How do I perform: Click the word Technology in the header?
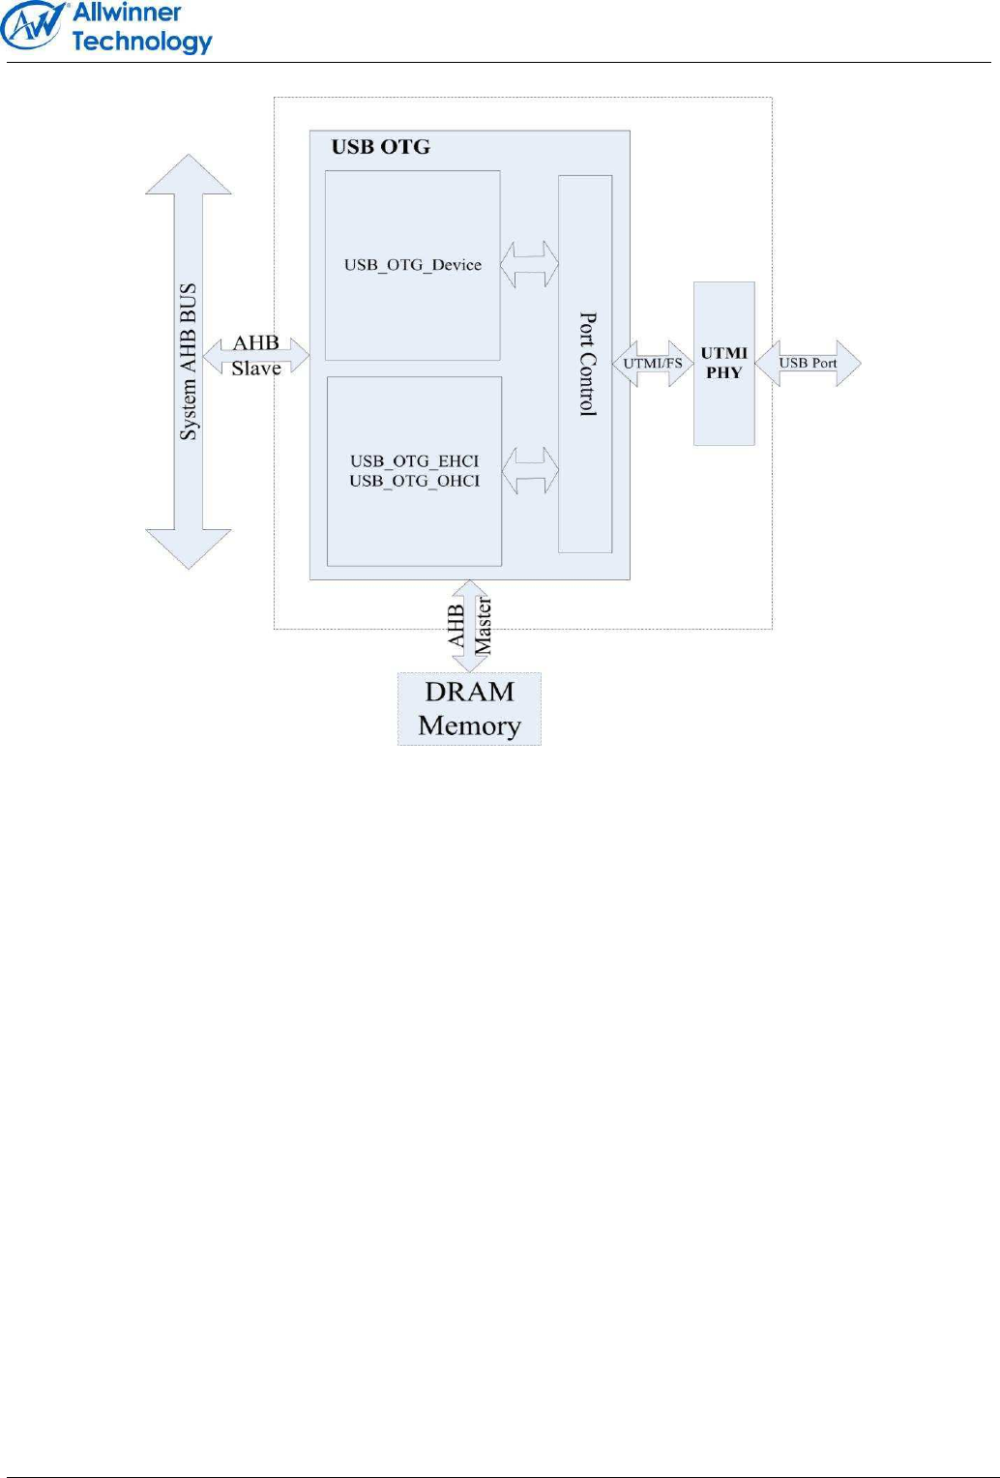tap(142, 42)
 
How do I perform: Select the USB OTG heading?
tap(380, 147)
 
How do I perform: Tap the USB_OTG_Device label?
tap(412, 265)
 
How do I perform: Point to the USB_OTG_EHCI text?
tap(414, 461)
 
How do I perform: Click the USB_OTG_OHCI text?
tap(414, 481)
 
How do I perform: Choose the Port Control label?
tap(587, 364)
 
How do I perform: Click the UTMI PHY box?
tap(723, 363)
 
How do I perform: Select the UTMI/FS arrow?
tap(653, 364)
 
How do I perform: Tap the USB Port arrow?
tap(808, 363)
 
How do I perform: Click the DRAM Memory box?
tap(469, 709)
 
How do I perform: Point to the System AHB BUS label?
tap(189, 362)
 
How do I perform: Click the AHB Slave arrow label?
tap(256, 355)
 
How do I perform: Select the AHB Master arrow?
tap(470, 626)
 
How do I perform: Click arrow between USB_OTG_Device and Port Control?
tap(529, 264)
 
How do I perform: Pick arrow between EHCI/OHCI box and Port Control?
tap(530, 470)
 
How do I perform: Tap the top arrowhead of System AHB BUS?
tap(189, 174)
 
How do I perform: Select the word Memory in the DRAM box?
tap(469, 725)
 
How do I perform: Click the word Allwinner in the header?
tap(127, 13)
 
